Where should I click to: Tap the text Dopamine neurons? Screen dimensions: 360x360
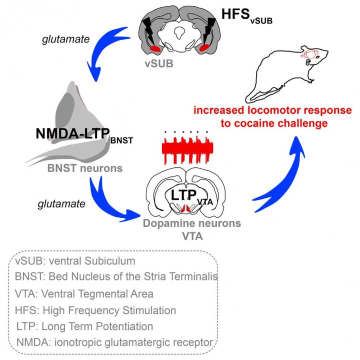[185, 224]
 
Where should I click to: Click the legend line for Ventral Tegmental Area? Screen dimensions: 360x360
[84, 293]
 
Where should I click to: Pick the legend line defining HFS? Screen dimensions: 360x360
[95, 310]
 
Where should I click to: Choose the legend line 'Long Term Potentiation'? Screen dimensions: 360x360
[84, 326]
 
